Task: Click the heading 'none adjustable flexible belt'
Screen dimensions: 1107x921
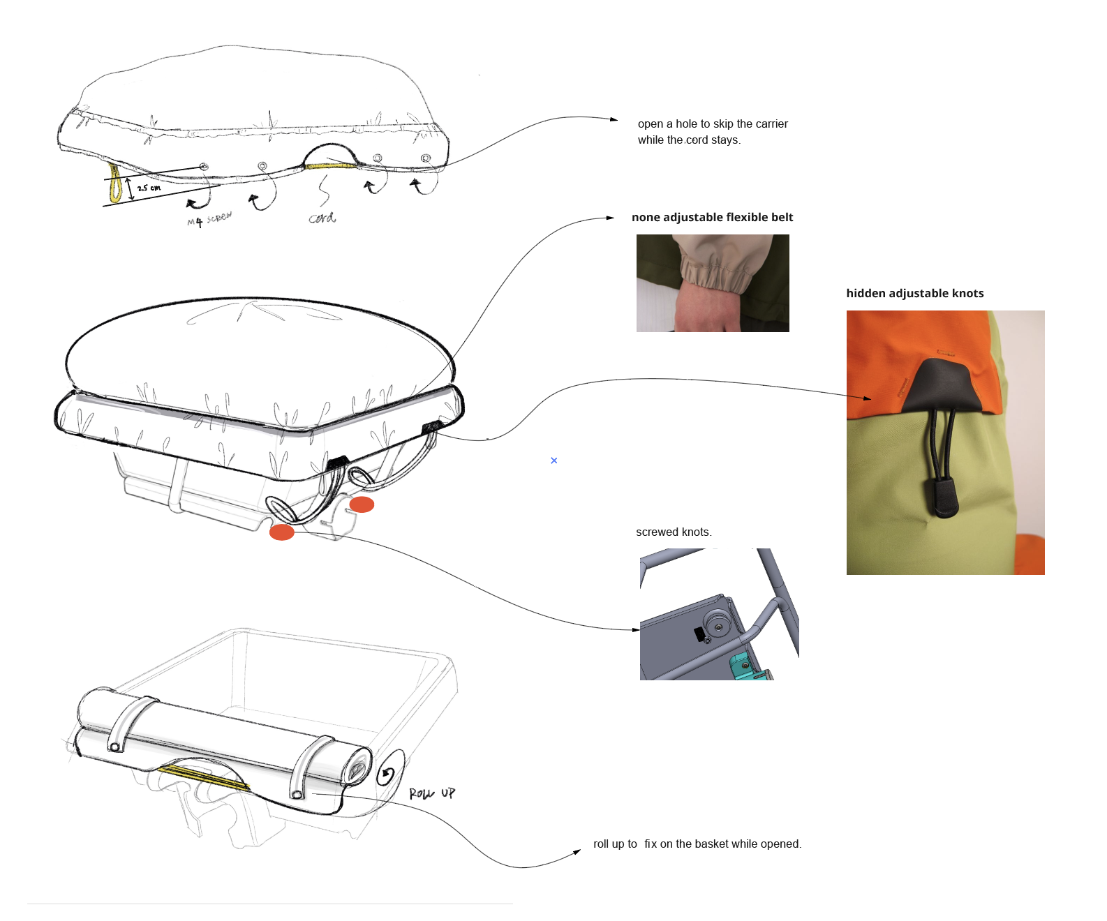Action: [x=712, y=217]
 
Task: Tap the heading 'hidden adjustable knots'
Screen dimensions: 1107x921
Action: [x=914, y=293]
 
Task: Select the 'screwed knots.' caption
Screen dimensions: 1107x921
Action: [x=674, y=532]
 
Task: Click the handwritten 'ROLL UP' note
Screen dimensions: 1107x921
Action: [x=431, y=793]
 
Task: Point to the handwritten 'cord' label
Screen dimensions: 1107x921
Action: [x=322, y=218]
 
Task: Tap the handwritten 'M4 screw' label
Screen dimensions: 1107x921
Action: [x=209, y=219]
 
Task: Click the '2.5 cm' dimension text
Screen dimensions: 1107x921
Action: [x=149, y=188]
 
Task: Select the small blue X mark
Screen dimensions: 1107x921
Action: [x=554, y=460]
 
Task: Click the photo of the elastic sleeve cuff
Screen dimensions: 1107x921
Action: [x=713, y=283]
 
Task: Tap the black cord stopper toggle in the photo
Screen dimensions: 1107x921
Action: [x=942, y=497]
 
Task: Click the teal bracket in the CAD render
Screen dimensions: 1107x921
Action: [x=748, y=667]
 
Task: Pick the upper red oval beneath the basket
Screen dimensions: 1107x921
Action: [x=362, y=504]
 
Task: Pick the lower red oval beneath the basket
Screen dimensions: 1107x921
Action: [x=281, y=532]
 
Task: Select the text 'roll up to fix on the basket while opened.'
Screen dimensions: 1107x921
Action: [x=697, y=844]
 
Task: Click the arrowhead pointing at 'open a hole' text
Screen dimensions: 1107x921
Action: [x=614, y=119]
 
